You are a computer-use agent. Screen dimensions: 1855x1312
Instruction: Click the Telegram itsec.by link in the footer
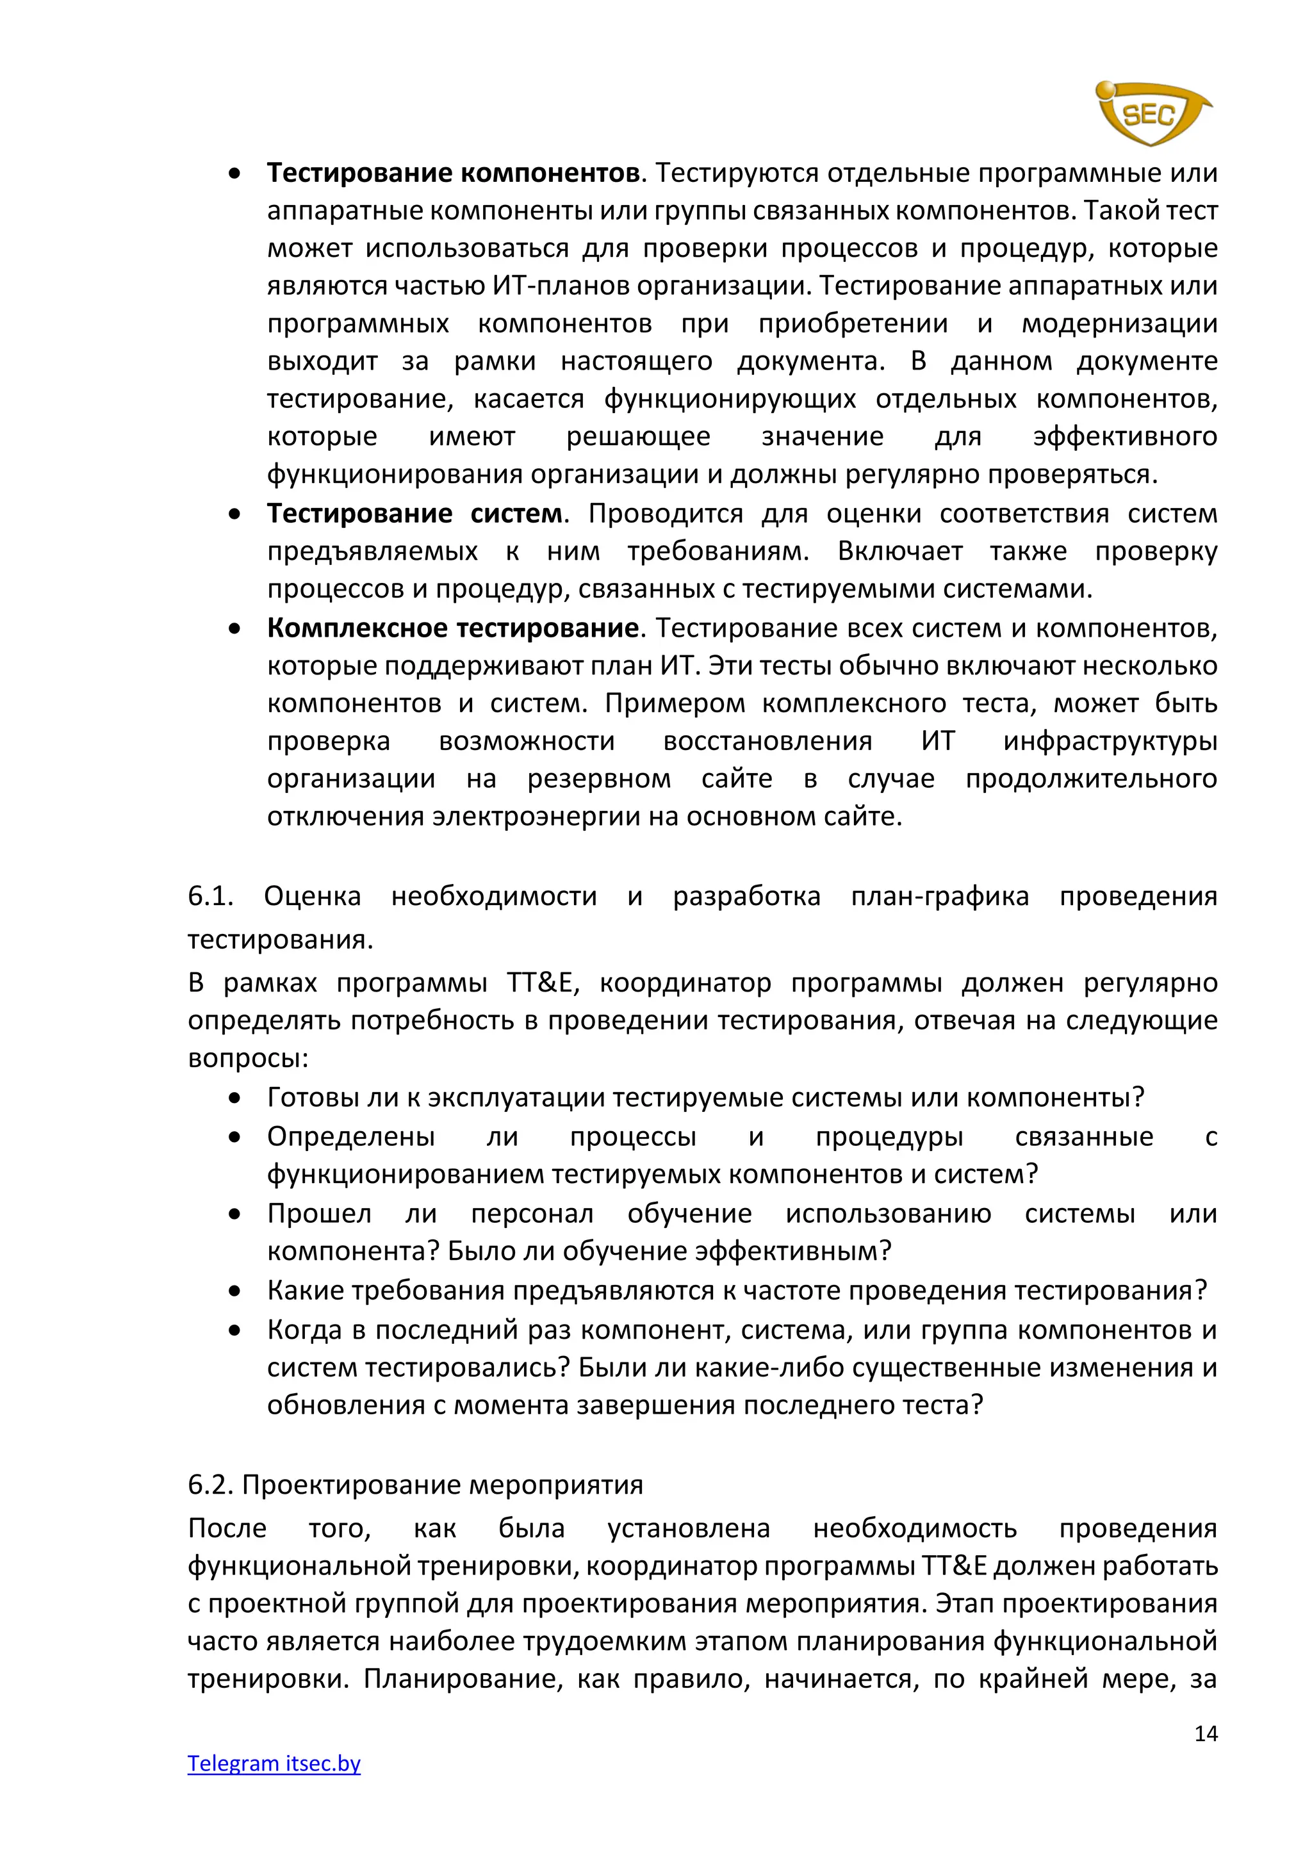(x=274, y=1763)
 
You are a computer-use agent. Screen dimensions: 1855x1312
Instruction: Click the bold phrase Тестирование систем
(x=415, y=514)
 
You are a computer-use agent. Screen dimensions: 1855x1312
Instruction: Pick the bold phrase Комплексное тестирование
(x=453, y=628)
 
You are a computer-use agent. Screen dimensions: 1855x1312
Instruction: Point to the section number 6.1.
(x=211, y=896)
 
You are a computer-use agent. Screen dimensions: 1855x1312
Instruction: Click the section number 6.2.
(x=211, y=1484)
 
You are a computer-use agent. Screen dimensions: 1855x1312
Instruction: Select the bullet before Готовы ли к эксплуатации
(x=234, y=1098)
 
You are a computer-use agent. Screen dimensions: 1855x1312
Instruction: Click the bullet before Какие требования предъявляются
(x=234, y=1291)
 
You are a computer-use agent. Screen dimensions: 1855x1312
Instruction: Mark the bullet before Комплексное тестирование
(x=234, y=628)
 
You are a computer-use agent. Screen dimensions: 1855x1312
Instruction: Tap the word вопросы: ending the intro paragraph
(x=248, y=1058)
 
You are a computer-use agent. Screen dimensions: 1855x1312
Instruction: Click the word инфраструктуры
(x=1110, y=741)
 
